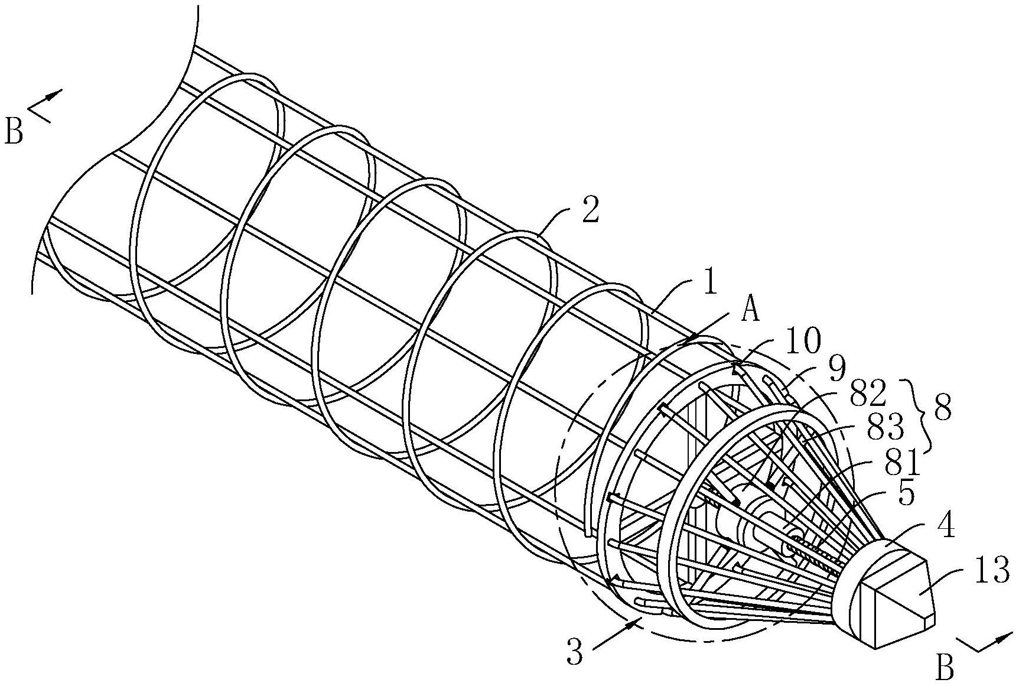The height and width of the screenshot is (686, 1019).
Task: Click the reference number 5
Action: coord(906,494)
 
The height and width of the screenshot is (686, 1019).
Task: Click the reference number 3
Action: coord(577,652)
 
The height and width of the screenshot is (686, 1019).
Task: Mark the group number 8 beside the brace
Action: coord(942,409)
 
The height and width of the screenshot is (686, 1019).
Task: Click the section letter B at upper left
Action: coord(14,131)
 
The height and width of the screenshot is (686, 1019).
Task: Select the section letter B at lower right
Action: coord(945,668)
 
